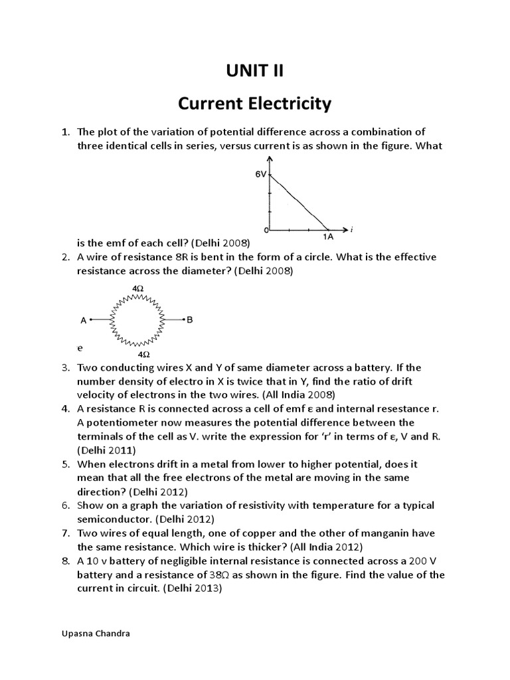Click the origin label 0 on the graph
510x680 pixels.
265,230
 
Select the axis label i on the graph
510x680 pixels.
351,229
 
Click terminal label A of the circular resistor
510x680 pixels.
84,320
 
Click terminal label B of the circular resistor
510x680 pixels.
190,320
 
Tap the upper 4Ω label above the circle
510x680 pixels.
138,289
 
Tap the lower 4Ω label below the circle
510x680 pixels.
143,355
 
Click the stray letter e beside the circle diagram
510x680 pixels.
80,347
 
